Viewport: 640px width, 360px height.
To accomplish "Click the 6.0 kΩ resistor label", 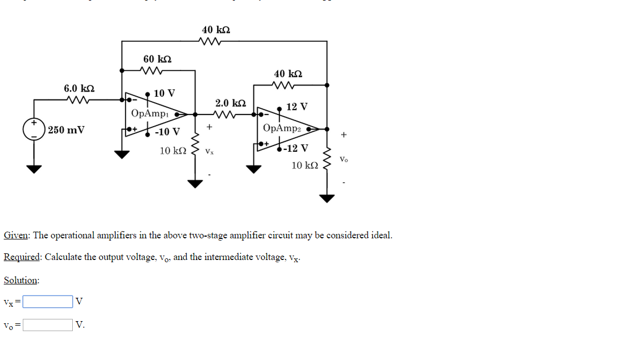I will tap(79, 88).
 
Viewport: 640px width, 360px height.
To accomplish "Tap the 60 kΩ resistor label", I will tap(157, 59).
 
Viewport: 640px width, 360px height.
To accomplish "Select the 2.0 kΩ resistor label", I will tap(230, 103).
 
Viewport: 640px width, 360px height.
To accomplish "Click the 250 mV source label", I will tap(66, 130).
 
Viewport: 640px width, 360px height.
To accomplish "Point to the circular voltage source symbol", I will tap(34, 129).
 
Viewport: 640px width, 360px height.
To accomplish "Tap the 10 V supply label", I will tap(164, 93).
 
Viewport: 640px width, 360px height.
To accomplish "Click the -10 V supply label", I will tap(167, 132).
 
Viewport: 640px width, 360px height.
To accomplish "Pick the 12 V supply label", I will tap(297, 107).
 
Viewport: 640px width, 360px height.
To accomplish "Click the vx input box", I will tap(47, 302).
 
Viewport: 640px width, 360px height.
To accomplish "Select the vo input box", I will tap(47, 324).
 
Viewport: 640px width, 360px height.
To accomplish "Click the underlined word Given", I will tap(16, 235).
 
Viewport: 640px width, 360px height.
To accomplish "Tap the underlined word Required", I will tap(22, 257).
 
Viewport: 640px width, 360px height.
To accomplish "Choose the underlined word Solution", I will tap(21, 280).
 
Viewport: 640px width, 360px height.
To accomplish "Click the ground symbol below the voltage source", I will tap(34, 169).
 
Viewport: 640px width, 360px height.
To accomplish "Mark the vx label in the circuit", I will tap(209, 151).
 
